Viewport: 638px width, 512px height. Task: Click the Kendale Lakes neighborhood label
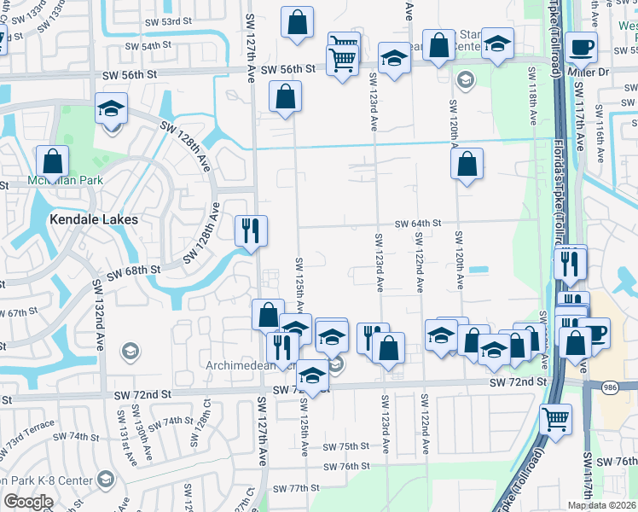pos(94,218)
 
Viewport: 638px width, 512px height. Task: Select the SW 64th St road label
pos(417,223)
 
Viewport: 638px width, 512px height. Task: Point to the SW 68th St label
pos(133,271)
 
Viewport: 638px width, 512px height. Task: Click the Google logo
pos(28,502)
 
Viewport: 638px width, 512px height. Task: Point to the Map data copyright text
pos(601,505)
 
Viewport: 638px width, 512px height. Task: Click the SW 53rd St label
pos(154,20)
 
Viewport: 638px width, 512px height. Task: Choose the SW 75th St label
pos(346,446)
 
